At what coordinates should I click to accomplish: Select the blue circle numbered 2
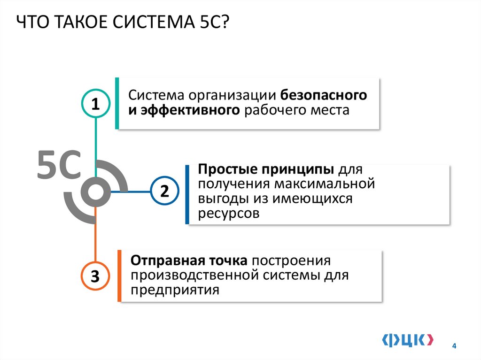pos(164,191)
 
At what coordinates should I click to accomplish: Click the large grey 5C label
pos(59,166)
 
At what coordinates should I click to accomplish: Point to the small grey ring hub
pos(96,191)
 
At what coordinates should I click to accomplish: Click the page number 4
pos(454,346)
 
